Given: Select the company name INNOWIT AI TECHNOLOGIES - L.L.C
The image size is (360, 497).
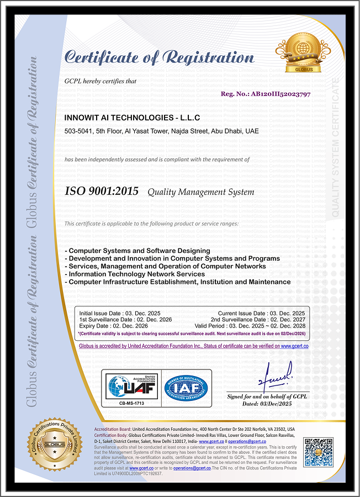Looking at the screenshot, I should click(x=132, y=118).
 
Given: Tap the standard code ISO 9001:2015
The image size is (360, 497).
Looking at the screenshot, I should click(x=102, y=192).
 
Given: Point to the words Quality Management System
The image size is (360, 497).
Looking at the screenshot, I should click(x=200, y=192).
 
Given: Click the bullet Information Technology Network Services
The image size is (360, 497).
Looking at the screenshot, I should click(x=136, y=274).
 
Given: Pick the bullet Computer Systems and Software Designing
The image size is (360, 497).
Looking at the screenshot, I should click(x=137, y=251).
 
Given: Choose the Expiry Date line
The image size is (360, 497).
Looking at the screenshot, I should click(x=113, y=326).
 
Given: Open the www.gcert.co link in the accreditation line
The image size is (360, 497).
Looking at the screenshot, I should click(x=294, y=346).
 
